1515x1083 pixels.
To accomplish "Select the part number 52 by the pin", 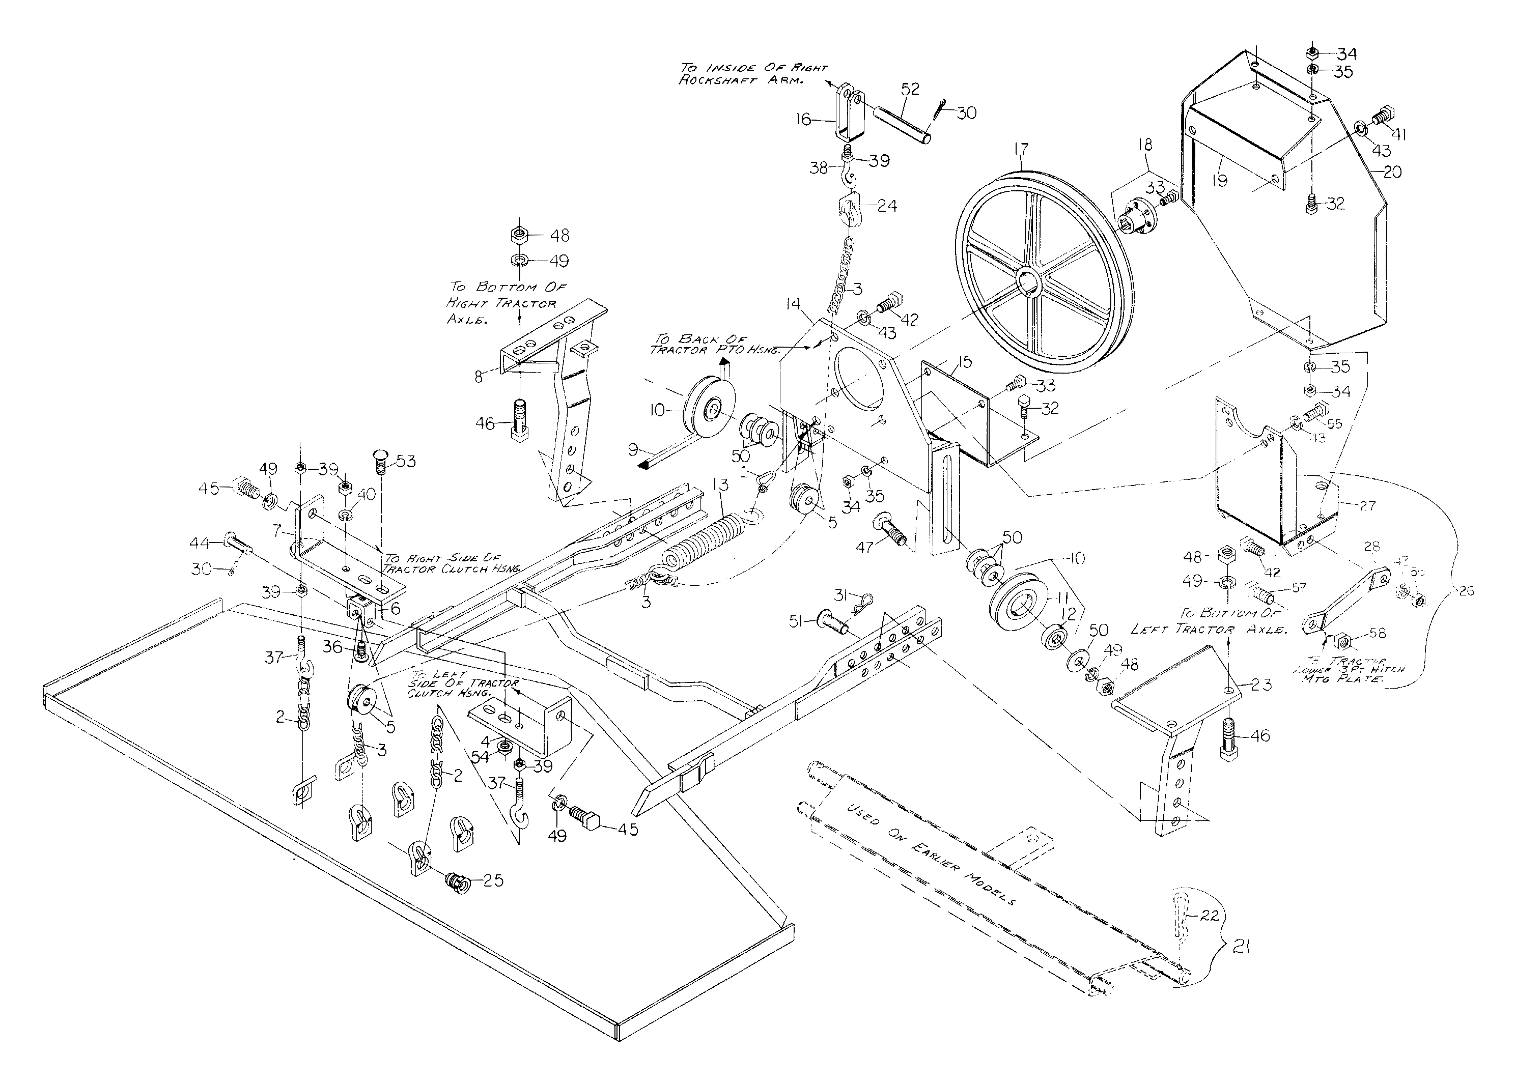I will [x=909, y=89].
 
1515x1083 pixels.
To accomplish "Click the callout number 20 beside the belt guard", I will [x=1392, y=172].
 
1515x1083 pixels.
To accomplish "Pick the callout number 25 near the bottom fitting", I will [x=493, y=880].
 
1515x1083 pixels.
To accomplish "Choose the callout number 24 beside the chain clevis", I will [x=887, y=206].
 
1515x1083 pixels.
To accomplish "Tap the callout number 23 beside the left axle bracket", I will [x=1261, y=684].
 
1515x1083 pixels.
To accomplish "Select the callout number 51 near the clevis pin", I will [x=795, y=621].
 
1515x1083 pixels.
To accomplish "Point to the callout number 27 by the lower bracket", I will [x=1367, y=505].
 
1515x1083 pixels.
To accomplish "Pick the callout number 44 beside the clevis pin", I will [x=200, y=543].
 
